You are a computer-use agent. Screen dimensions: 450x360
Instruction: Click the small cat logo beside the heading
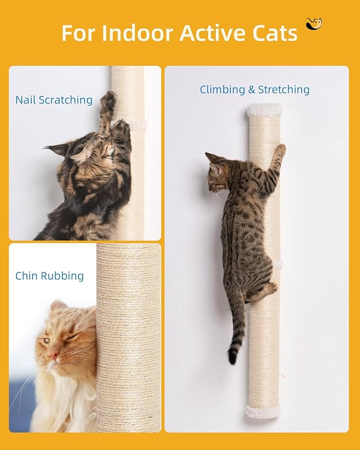(314, 24)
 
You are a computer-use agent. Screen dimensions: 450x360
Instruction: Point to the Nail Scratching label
(54, 100)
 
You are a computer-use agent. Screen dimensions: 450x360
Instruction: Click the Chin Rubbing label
(49, 276)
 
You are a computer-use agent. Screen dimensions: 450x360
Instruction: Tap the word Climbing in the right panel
(222, 90)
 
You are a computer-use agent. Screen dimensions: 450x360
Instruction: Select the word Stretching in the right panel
(284, 90)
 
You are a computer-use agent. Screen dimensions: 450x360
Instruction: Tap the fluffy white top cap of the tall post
(265, 110)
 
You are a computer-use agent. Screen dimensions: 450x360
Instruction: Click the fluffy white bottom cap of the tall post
(264, 411)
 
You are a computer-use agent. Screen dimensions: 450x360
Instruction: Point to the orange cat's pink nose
(54, 355)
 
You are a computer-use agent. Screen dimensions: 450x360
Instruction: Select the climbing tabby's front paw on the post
(279, 152)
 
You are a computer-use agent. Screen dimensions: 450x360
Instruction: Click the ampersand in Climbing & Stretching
(252, 90)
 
